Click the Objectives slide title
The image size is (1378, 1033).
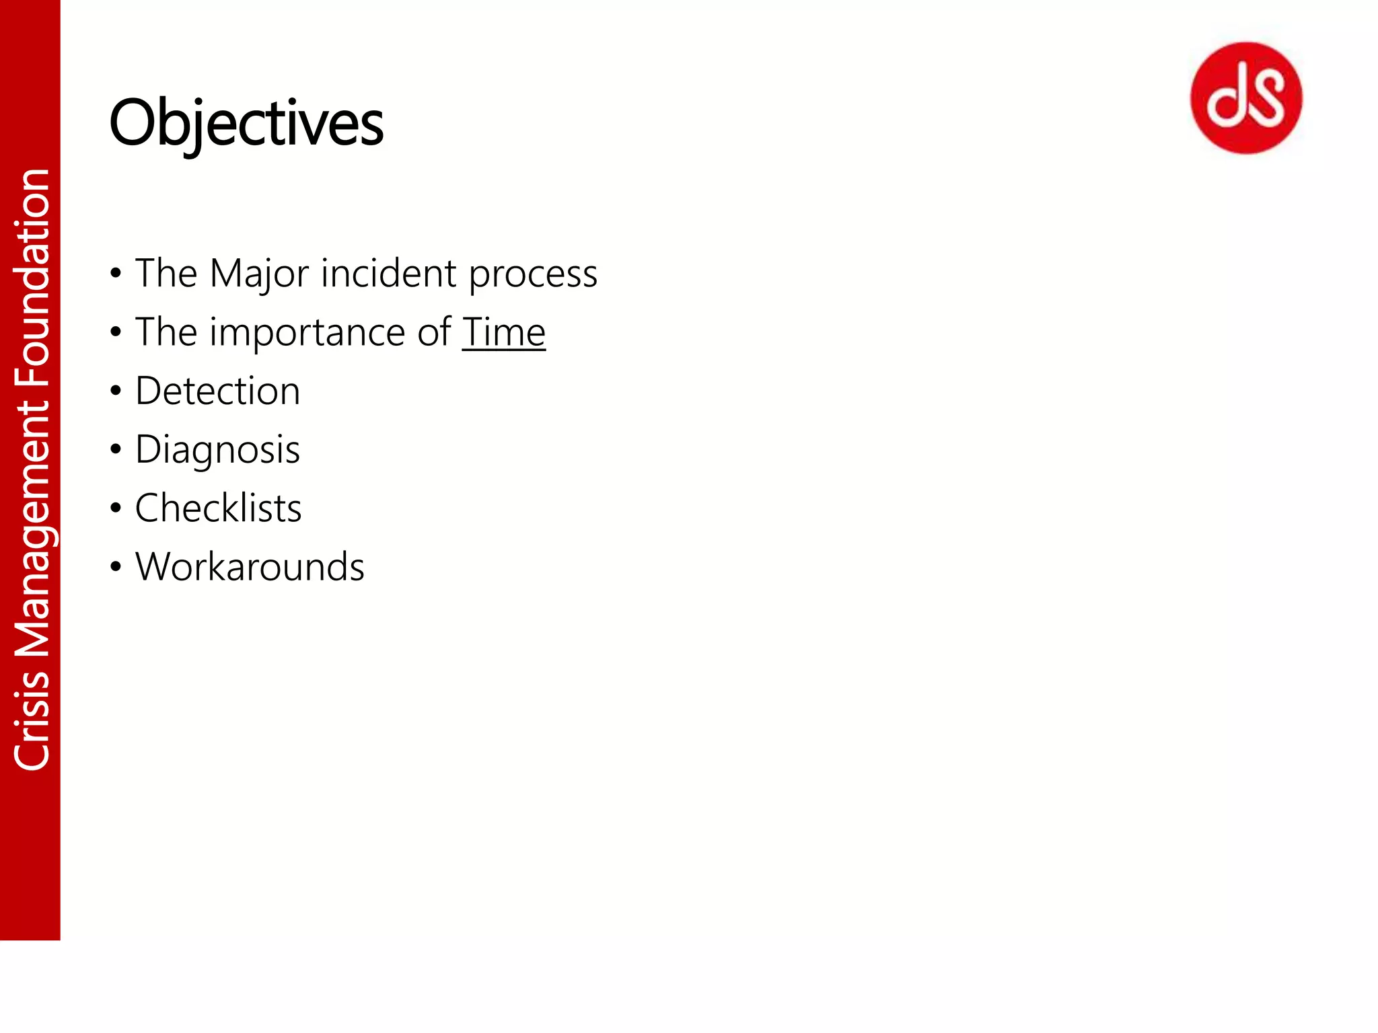click(x=246, y=124)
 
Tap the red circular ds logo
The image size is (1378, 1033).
click(x=1246, y=98)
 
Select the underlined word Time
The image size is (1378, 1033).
click(x=503, y=332)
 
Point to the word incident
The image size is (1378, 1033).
click(x=388, y=274)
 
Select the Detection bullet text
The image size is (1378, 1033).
click(x=217, y=391)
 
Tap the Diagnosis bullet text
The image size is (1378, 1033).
click(x=217, y=450)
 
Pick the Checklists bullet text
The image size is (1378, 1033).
click(x=218, y=508)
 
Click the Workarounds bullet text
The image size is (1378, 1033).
click(x=250, y=567)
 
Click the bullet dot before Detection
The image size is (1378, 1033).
click(x=116, y=391)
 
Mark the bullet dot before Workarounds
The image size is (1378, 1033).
click(x=116, y=567)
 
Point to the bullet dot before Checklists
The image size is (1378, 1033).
click(x=116, y=508)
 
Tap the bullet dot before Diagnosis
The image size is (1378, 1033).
click(x=116, y=449)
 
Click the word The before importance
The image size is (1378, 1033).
click(x=166, y=332)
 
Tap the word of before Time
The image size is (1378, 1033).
click(x=434, y=332)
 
